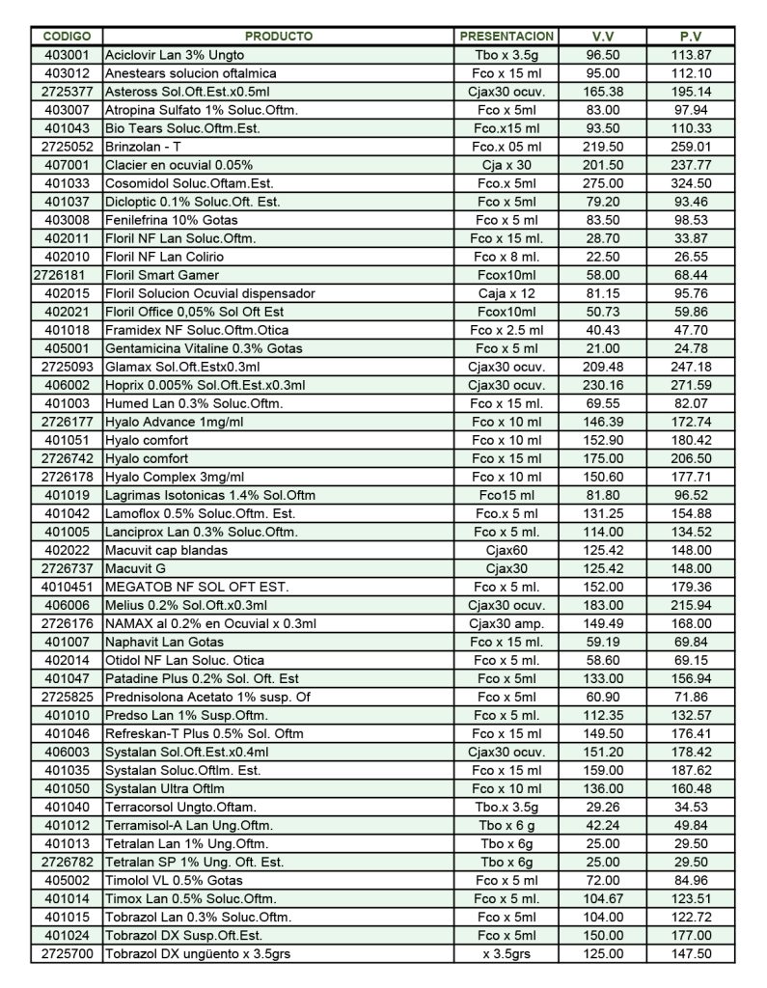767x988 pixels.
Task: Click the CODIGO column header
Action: [x=67, y=37]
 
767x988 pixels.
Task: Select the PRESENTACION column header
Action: [x=507, y=37]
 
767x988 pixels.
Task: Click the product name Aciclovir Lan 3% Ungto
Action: [x=175, y=55]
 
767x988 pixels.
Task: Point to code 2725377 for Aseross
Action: [x=67, y=92]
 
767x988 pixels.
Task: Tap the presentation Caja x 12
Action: [x=507, y=293]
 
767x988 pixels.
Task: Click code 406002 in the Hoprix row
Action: [x=67, y=385]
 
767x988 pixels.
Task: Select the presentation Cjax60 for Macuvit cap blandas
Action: [x=507, y=550]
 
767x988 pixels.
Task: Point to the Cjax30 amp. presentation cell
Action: [x=507, y=623]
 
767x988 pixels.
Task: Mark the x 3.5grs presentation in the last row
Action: [x=507, y=953]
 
